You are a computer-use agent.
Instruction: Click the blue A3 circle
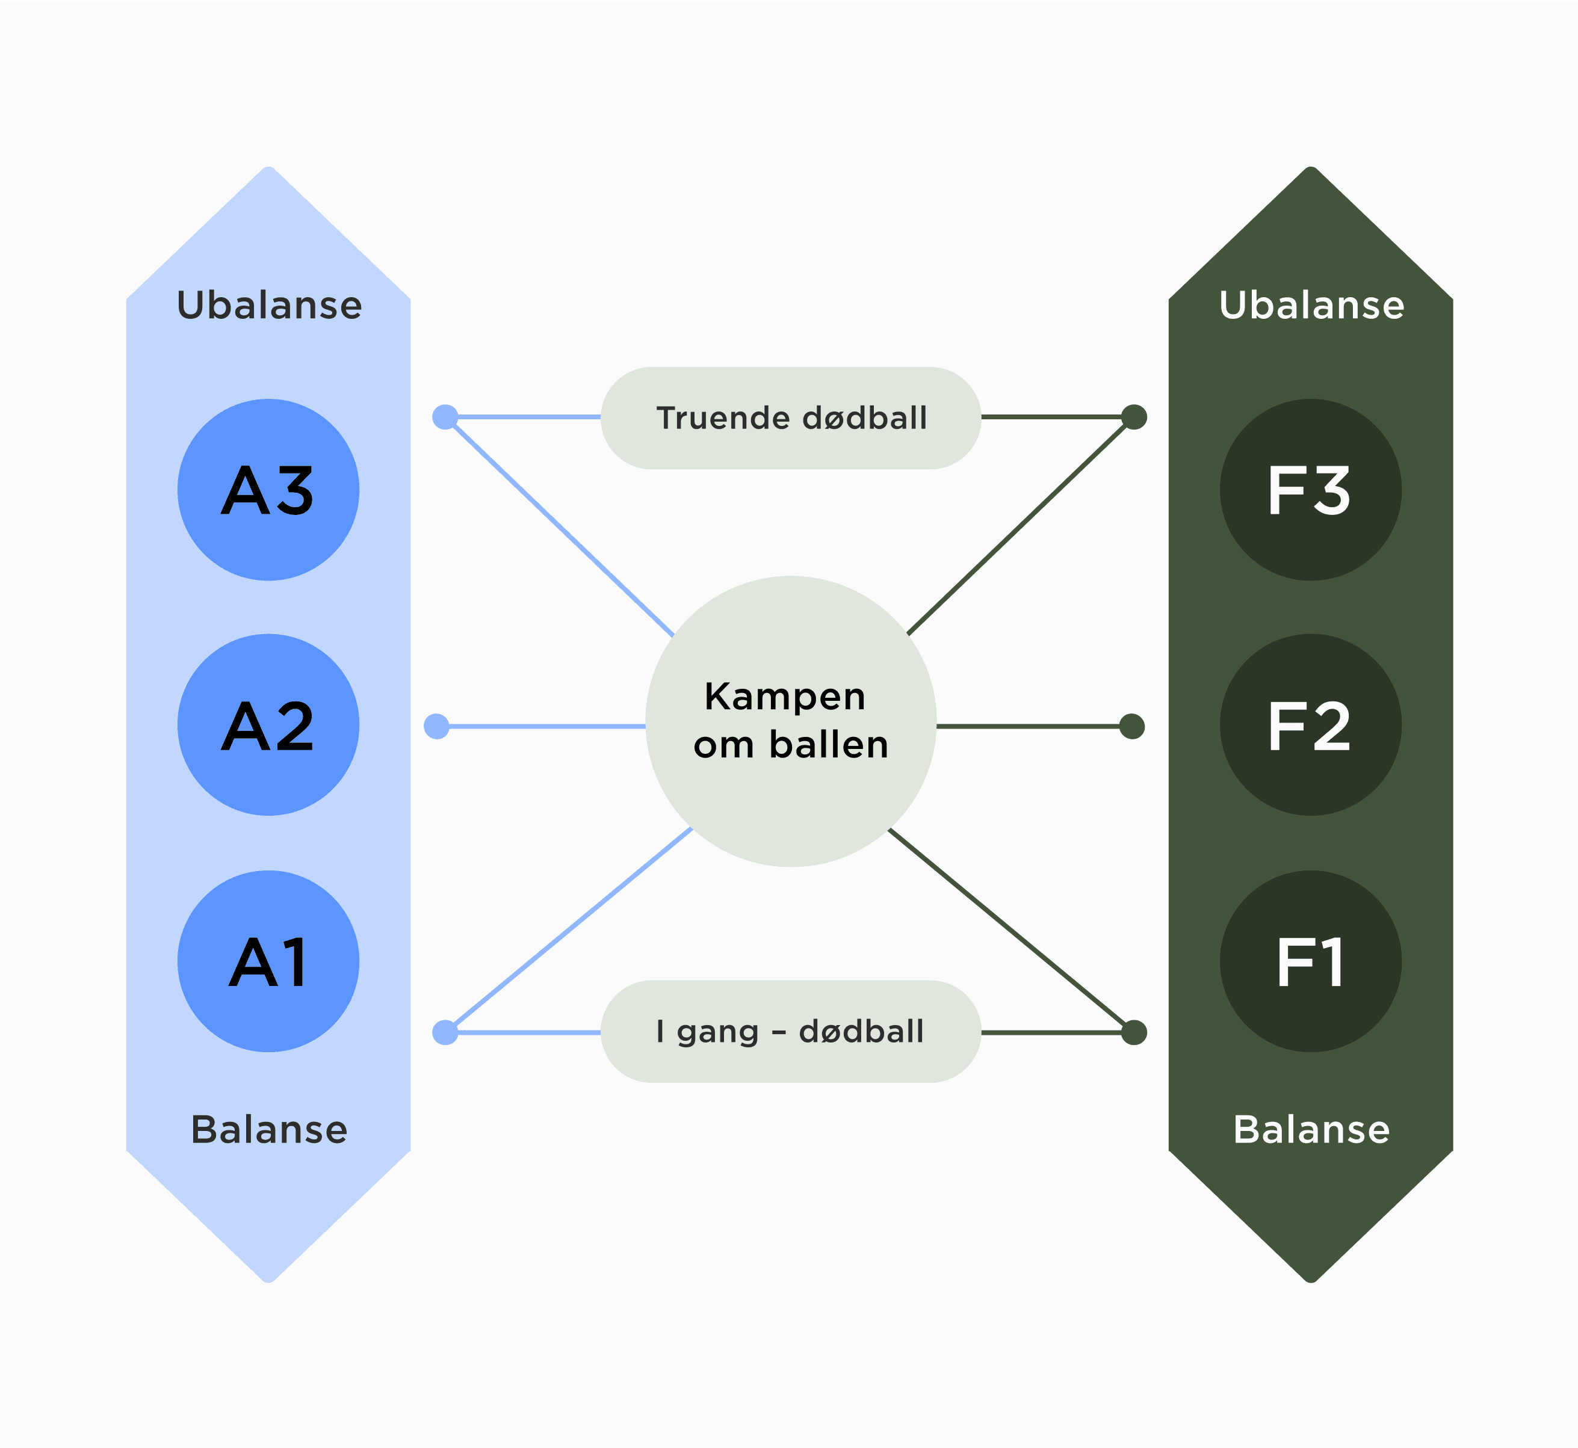coord(268,490)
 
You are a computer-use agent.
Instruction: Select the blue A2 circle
coord(268,725)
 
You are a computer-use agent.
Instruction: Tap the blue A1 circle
coord(268,961)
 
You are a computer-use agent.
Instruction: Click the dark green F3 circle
coord(1310,490)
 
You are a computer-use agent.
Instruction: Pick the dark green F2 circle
coord(1310,725)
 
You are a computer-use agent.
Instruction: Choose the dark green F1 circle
coord(1310,961)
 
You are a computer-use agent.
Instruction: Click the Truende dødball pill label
coord(790,417)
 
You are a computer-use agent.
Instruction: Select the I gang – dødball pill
coord(790,1031)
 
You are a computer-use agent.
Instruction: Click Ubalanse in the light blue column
coord(269,305)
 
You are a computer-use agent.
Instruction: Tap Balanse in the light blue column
coord(269,1129)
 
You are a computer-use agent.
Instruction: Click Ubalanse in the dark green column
coord(1311,305)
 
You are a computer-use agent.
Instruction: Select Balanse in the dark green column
coord(1311,1129)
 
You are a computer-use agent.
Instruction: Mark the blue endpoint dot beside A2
coord(437,726)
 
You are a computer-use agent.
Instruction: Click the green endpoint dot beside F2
coord(1132,726)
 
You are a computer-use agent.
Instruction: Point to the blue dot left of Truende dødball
coord(445,417)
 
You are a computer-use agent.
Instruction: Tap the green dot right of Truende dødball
coord(1134,417)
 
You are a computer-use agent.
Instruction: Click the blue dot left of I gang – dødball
coord(445,1033)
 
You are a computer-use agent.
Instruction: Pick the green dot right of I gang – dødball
coord(1134,1033)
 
